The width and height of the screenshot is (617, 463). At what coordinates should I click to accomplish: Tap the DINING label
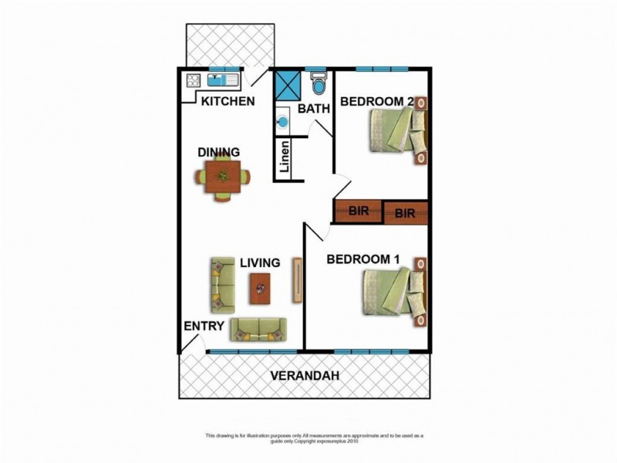tap(218, 152)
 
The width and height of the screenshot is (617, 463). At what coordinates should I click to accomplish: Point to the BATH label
tap(314, 109)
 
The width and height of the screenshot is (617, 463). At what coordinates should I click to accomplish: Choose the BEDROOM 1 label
tap(362, 259)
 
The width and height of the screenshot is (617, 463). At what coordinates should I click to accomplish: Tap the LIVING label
tap(259, 263)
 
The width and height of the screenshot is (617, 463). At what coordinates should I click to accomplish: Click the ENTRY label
tap(204, 326)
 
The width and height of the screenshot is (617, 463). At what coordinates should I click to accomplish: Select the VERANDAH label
tap(305, 376)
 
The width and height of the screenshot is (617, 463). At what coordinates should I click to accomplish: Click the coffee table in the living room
tap(260, 289)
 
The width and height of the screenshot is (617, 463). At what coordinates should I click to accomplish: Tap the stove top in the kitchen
tap(193, 80)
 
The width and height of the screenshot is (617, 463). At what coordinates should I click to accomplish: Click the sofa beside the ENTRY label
tap(258, 330)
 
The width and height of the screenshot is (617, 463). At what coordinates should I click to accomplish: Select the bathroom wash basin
tap(282, 121)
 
